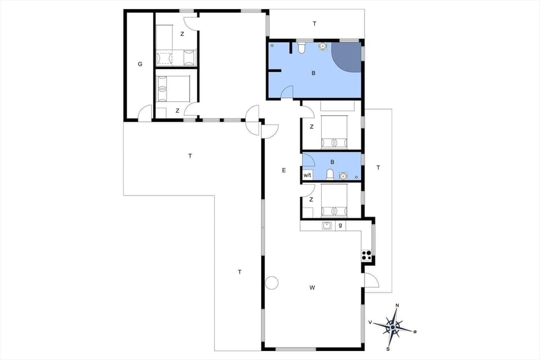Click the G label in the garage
140,64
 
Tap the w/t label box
307,175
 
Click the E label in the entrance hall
284,169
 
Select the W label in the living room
312,287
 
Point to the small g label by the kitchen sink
340,226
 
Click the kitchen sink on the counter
326,226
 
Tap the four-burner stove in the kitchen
367,255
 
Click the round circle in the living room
272,283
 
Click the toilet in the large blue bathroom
302,49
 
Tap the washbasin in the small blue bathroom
343,175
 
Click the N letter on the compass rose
398,305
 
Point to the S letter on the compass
388,349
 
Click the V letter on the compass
370,322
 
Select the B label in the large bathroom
314,73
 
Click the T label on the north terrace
314,24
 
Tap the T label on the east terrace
378,168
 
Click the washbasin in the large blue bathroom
323,47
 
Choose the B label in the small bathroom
332,162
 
